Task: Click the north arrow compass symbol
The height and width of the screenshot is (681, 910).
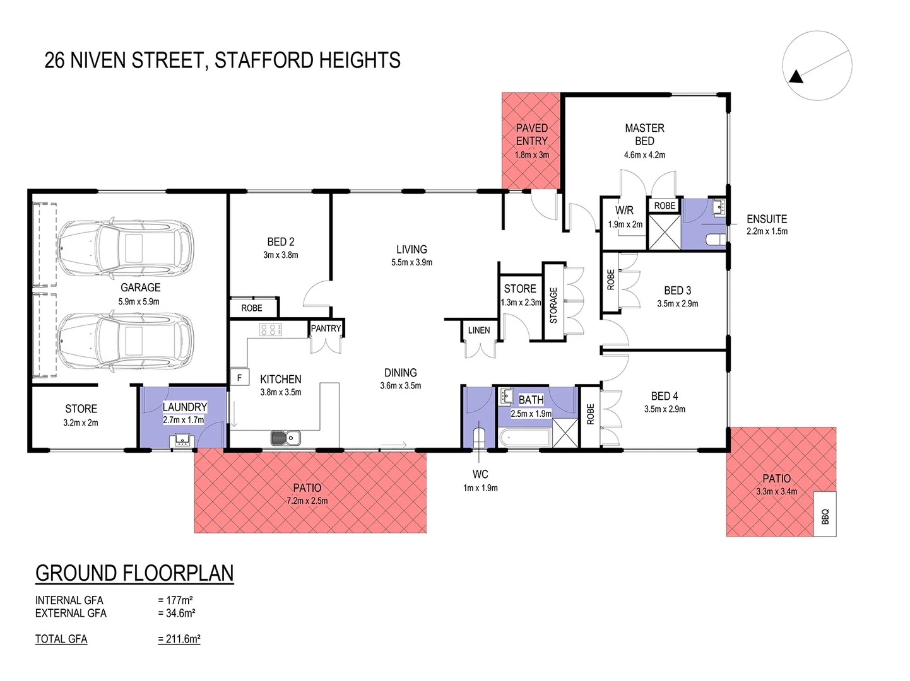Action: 817,66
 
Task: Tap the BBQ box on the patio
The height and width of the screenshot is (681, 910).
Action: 825,513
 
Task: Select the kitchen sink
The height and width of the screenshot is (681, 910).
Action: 285,437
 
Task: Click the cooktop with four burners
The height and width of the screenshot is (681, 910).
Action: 271,329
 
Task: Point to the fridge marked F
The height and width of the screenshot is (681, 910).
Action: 239,377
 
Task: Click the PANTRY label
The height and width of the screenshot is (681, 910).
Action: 326,328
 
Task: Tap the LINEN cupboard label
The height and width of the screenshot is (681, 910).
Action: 479,330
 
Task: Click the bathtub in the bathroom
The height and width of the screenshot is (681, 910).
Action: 524,437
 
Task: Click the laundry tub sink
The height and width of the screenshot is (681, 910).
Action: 183,439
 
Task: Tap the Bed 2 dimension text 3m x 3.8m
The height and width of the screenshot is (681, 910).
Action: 281,255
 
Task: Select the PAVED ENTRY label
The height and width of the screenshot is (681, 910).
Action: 531,134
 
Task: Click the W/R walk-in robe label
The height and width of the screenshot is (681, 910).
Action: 625,211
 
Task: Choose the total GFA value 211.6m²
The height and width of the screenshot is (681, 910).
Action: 179,639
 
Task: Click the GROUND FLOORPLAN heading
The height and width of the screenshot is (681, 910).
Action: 134,573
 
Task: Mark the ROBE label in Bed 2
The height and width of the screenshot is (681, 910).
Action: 252,308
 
